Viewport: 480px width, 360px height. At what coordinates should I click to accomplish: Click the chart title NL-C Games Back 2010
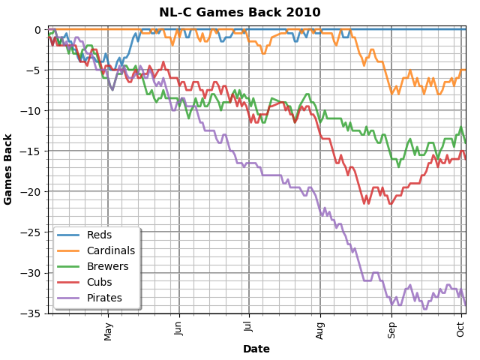click(240, 13)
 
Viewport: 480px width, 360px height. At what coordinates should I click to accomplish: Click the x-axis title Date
click(256, 349)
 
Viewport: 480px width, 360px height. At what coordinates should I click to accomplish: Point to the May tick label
click(108, 331)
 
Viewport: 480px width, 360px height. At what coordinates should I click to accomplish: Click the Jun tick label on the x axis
click(179, 329)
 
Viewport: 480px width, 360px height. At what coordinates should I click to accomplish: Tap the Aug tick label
click(320, 329)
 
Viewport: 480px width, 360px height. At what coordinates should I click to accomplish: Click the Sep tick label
click(391, 329)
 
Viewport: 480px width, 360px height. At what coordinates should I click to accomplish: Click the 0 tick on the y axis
click(38, 30)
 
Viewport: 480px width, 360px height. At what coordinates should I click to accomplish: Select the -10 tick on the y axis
click(33, 111)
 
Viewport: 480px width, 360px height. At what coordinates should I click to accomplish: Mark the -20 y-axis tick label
click(33, 192)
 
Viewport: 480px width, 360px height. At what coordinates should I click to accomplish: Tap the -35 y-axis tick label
click(33, 313)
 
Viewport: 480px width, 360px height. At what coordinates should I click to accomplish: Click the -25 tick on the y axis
click(33, 232)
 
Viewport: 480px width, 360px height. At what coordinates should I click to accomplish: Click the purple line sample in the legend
click(69, 298)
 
